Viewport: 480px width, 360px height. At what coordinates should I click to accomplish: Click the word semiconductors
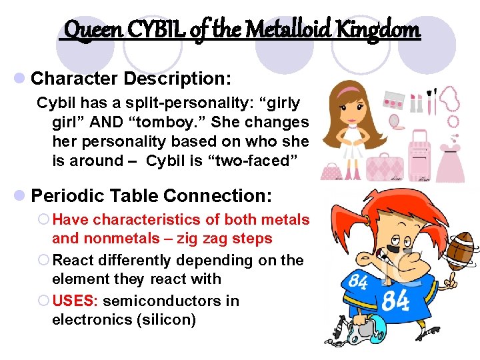point(171,301)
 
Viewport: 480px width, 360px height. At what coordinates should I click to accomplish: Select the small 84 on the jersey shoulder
point(358,282)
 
